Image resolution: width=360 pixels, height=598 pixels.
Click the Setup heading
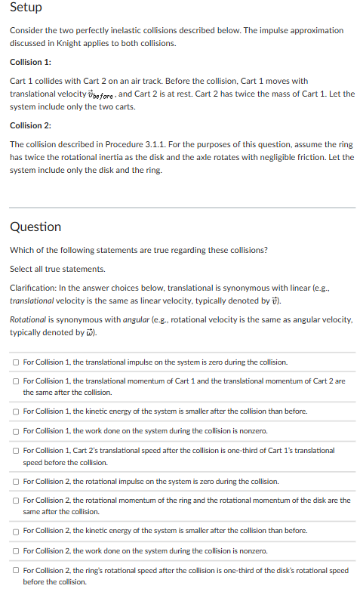[x=26, y=8]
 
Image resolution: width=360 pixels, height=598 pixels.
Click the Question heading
[x=35, y=227]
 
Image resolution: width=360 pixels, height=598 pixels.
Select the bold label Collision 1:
[x=30, y=62]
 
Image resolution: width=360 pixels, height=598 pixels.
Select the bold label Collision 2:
[x=30, y=125]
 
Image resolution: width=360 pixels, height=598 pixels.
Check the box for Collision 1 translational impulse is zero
[x=16, y=363]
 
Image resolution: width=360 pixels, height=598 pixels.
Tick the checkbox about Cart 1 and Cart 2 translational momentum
[x=16, y=381]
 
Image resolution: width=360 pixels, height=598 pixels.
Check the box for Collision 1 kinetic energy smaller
[x=16, y=412]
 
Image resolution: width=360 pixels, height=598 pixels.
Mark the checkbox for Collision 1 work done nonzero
[x=16, y=431]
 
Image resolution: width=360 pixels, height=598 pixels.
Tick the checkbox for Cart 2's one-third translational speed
[x=16, y=451]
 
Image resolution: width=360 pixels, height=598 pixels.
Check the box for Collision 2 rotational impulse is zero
[x=16, y=481]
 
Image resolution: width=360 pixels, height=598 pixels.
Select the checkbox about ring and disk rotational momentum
[x=16, y=501]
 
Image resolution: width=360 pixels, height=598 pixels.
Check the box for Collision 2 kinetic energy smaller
[x=16, y=531]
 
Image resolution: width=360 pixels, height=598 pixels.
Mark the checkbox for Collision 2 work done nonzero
[x=16, y=550]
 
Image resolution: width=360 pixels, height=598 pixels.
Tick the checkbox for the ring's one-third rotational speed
[x=16, y=570]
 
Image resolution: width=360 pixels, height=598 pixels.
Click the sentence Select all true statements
[x=57, y=269]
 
